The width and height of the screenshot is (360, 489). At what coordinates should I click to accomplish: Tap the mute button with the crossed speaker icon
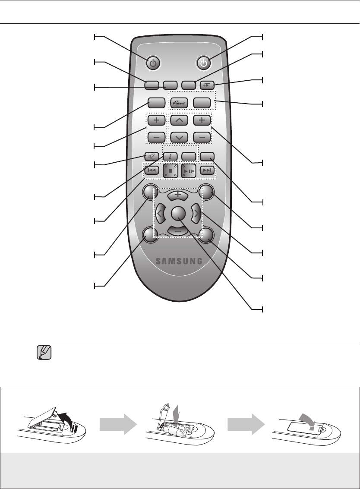(152, 157)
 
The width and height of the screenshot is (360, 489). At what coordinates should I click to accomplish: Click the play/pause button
(189, 170)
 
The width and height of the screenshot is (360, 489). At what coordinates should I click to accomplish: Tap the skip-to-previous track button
(152, 170)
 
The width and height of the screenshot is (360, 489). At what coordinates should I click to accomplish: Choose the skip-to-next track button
(208, 170)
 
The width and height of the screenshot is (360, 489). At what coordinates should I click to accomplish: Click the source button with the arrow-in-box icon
(207, 85)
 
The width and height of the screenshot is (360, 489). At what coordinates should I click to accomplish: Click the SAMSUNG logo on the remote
(179, 261)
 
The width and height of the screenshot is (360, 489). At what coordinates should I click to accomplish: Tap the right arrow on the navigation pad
(197, 212)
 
